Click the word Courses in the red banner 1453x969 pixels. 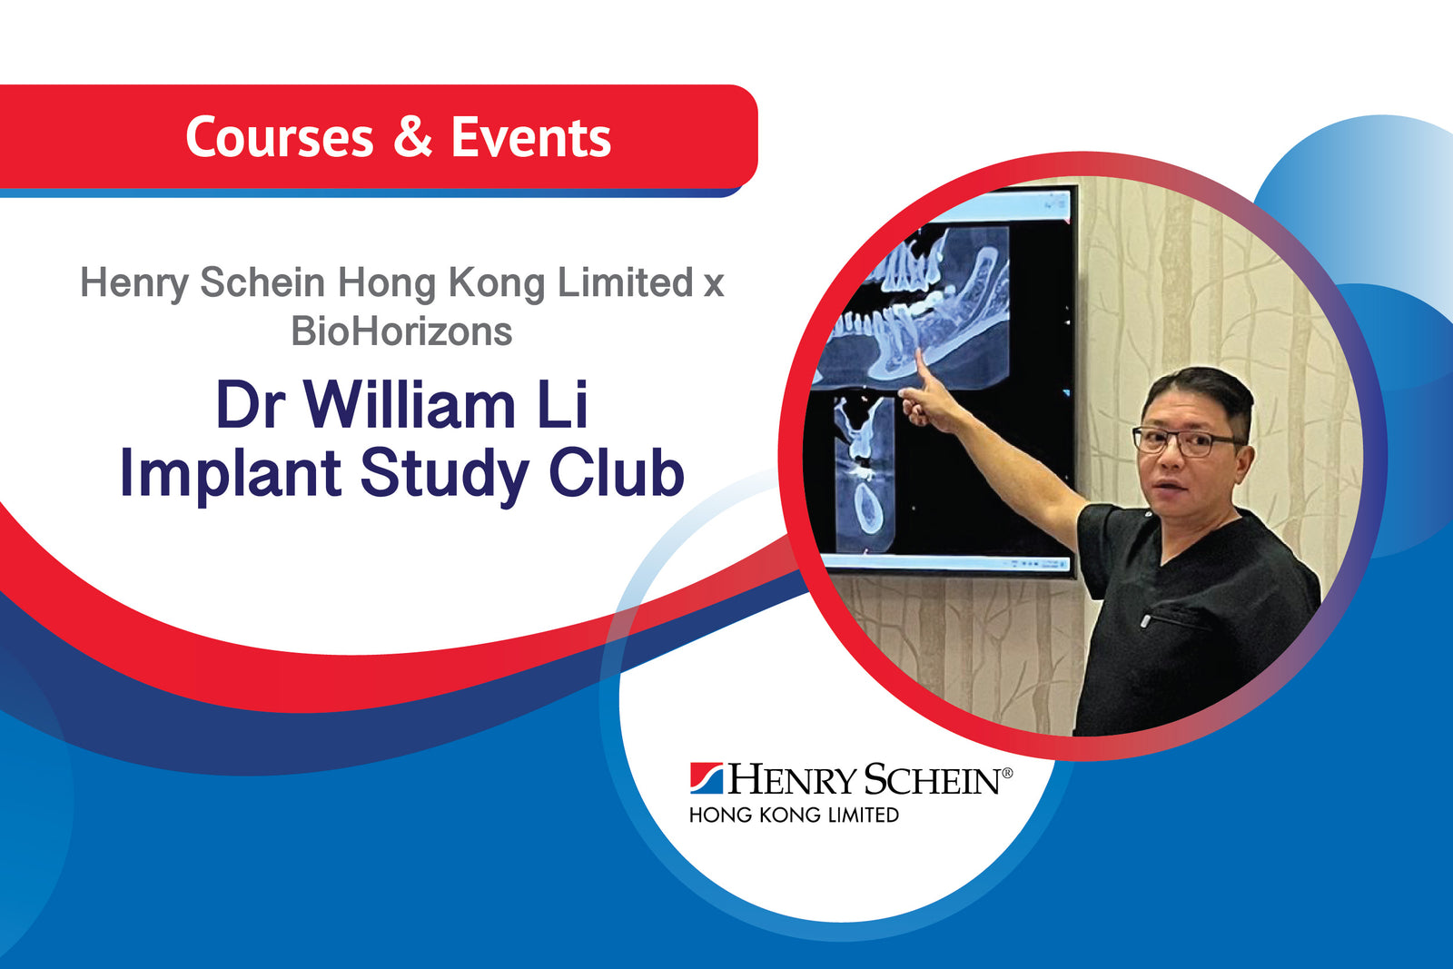(279, 138)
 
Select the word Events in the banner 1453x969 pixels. (530, 138)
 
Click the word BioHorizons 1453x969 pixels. (401, 331)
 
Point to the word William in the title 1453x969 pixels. (409, 405)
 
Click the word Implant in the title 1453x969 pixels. (231, 474)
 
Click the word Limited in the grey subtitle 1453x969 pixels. (626, 282)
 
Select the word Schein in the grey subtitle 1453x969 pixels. (262, 282)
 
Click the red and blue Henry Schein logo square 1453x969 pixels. (706, 778)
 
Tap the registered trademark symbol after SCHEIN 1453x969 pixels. (1006, 772)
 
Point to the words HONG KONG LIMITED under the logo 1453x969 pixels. (794, 816)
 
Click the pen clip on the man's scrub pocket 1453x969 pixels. (1146, 621)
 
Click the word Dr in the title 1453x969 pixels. (251, 405)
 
